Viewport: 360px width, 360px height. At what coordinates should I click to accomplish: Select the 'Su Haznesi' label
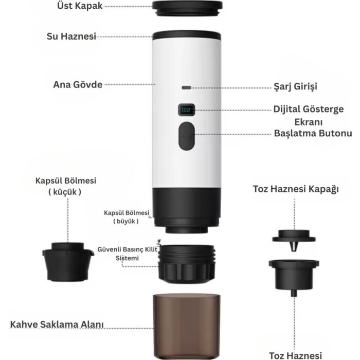pyautogui.click(x=71, y=37)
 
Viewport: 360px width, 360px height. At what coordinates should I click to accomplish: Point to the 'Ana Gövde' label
pyautogui.click(x=78, y=84)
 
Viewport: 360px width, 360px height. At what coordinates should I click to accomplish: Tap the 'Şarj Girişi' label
pyautogui.click(x=294, y=86)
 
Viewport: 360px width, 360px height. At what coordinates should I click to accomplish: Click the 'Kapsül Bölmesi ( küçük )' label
pyautogui.click(x=66, y=186)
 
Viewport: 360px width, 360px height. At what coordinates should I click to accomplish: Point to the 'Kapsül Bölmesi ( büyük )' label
pyautogui.click(x=126, y=217)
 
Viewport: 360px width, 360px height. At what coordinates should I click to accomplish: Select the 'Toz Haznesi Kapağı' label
pyautogui.click(x=296, y=189)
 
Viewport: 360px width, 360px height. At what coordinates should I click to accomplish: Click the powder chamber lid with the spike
pyautogui.click(x=295, y=238)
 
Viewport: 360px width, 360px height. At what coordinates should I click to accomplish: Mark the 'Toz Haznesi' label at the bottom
pyautogui.click(x=296, y=355)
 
